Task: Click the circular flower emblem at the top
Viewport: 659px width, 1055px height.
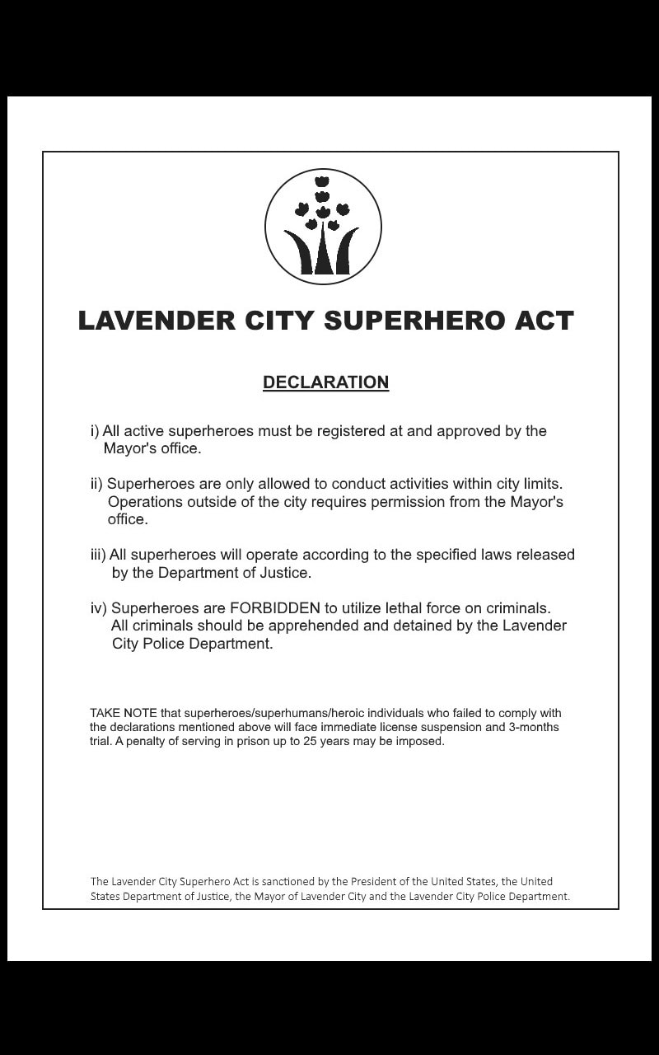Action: (x=323, y=227)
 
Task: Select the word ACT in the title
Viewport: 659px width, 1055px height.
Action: (x=540, y=321)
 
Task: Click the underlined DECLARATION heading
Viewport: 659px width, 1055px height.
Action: (x=325, y=382)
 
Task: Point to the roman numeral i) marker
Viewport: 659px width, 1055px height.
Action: (x=95, y=431)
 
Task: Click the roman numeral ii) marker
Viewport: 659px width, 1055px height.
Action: (x=96, y=484)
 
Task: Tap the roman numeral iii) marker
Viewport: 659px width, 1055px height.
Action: (x=98, y=555)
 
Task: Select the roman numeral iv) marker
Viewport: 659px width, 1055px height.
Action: (x=99, y=608)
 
